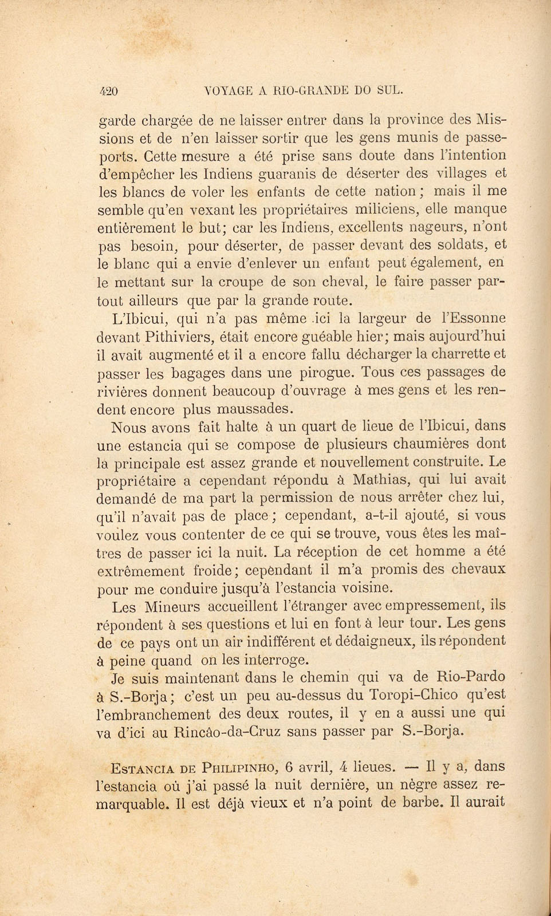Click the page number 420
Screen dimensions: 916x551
coord(108,90)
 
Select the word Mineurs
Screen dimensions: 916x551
coord(172,606)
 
